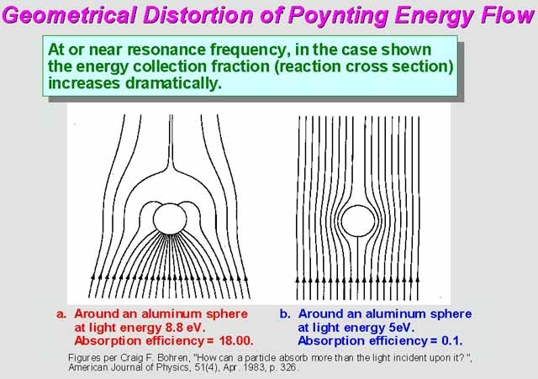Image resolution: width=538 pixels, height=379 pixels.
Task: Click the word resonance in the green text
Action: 166,50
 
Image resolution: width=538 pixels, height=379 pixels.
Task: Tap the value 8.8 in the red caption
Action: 174,328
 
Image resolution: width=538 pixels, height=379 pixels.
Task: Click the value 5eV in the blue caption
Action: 401,328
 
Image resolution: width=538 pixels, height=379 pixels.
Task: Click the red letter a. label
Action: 61,314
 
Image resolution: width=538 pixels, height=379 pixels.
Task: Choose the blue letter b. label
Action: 285,313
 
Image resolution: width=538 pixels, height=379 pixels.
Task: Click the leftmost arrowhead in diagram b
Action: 298,280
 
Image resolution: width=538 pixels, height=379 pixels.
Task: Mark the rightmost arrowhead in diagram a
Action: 245,278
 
